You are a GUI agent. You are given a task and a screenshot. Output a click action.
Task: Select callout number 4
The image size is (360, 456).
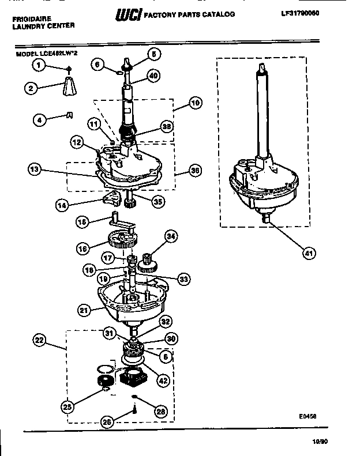click(39, 120)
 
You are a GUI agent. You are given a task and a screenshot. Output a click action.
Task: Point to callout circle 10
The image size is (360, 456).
click(195, 103)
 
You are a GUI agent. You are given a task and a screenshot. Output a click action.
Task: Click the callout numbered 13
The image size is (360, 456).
click(35, 169)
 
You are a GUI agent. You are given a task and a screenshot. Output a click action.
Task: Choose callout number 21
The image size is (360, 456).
click(84, 311)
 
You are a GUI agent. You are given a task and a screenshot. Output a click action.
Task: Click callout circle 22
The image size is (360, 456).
click(39, 341)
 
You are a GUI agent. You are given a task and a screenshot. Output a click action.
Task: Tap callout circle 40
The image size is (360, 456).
click(153, 75)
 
